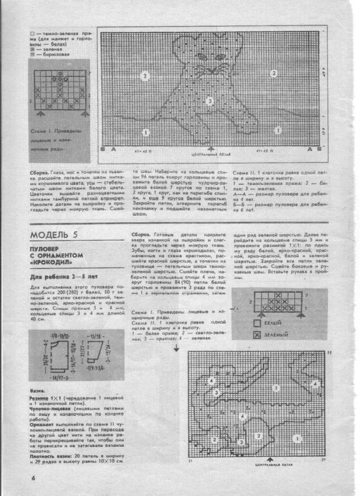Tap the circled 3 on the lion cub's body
tap(209, 101)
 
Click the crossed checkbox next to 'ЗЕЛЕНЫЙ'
tap(256, 335)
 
